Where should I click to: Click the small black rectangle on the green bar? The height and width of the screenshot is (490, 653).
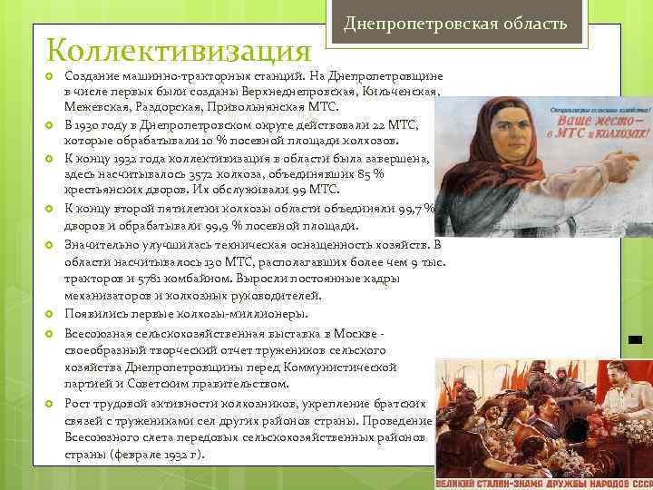pyautogui.click(x=634, y=340)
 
